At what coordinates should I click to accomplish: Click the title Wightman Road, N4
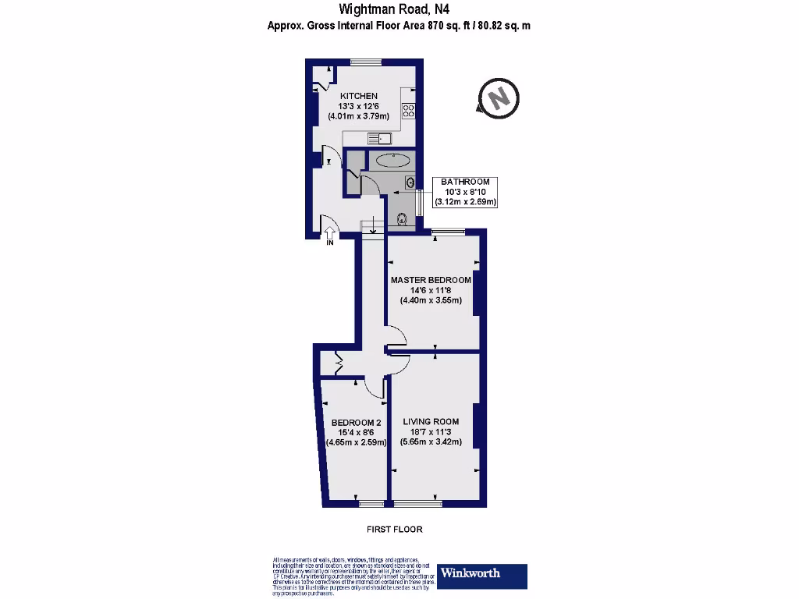[394, 10]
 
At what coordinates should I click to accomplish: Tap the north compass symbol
[498, 98]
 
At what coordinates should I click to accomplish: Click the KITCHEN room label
[358, 96]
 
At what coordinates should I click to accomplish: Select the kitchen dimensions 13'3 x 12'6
[358, 107]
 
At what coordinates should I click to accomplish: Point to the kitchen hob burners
[408, 112]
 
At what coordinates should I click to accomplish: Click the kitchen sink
[380, 139]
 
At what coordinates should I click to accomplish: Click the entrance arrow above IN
[330, 232]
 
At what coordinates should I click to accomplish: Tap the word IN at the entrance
[330, 243]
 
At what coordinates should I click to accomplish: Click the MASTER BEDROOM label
[431, 280]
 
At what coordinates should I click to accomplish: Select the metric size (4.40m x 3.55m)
[431, 300]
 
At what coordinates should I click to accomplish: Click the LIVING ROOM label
[431, 422]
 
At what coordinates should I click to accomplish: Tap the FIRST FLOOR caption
[394, 530]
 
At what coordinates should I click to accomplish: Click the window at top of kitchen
[364, 62]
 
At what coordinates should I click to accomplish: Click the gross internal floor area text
[399, 26]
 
